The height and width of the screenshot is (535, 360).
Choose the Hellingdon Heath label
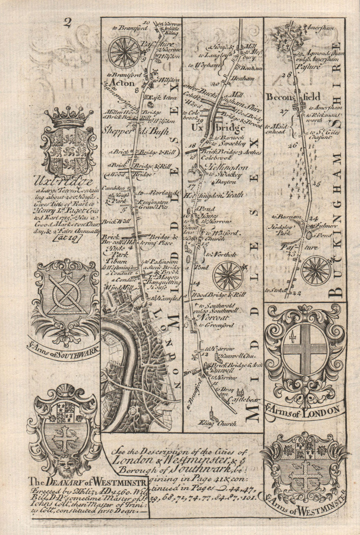(212, 195)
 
